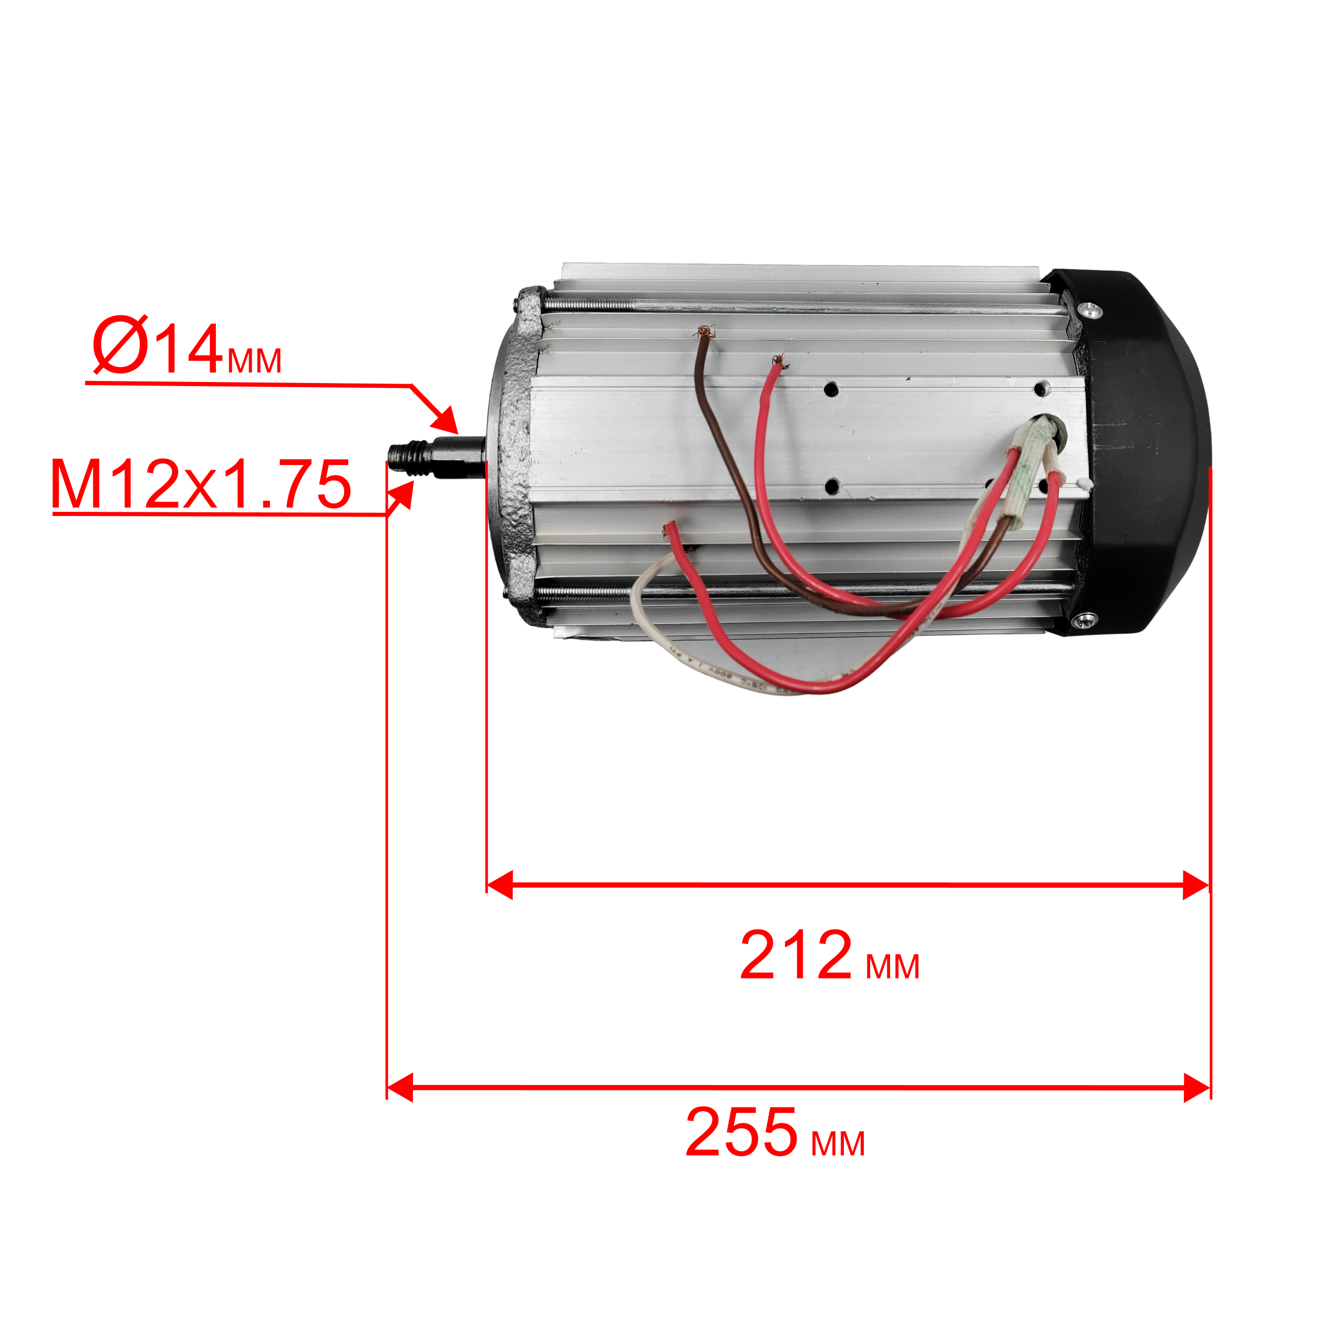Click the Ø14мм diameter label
[x=187, y=347]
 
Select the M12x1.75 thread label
[x=201, y=485]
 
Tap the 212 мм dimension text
[x=829, y=956]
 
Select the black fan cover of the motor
[x=1139, y=452]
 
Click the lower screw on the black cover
[x=1084, y=621]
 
